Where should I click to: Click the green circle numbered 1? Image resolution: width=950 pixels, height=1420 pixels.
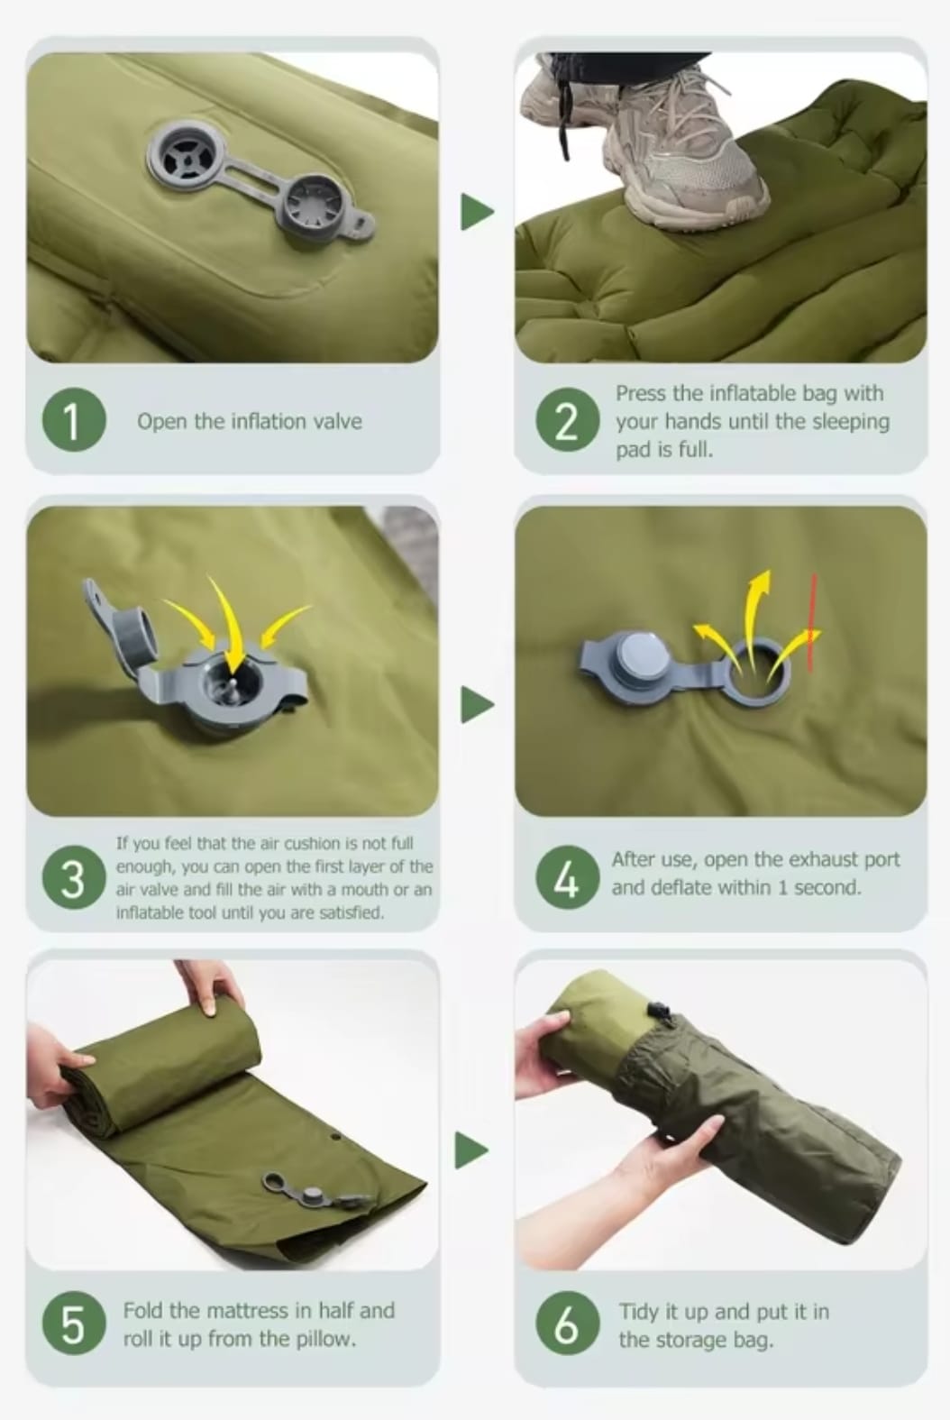click(74, 419)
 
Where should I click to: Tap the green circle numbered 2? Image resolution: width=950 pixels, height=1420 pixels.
click(568, 419)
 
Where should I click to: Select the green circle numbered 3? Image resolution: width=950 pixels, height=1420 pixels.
click(74, 877)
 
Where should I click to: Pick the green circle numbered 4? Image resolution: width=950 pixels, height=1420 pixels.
click(568, 877)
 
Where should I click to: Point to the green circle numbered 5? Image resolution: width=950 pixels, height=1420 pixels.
click(74, 1324)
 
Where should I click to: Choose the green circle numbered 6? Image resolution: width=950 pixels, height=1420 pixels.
click(568, 1324)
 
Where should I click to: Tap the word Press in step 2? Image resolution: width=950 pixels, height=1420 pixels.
click(642, 394)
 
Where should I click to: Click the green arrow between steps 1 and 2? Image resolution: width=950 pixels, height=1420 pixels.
click(477, 212)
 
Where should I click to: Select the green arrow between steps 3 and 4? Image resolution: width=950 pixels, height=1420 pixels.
click(477, 705)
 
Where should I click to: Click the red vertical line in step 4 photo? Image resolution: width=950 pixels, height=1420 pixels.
click(812, 622)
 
